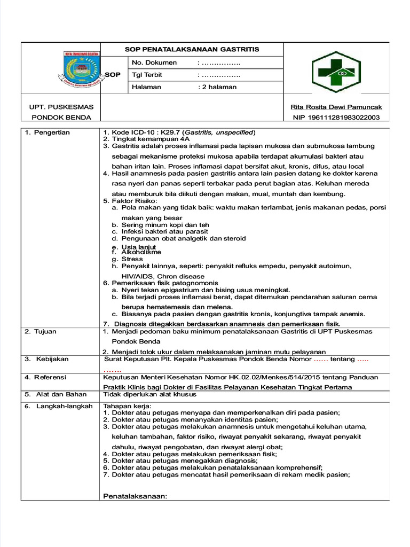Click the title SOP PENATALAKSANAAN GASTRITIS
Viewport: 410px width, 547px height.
[x=192, y=49]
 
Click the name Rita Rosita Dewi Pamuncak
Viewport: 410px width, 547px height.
[x=336, y=107]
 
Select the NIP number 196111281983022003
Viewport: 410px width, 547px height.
[x=336, y=118]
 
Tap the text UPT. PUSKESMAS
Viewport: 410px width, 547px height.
[x=61, y=107]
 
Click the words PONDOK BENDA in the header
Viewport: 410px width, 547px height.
[x=61, y=118]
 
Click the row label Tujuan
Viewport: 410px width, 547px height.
[x=45, y=331]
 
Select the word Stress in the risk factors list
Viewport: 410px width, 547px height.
[x=132, y=259]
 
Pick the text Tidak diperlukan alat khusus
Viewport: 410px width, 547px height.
[x=149, y=394]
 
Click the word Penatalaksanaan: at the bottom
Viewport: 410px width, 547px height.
[x=135, y=496]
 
